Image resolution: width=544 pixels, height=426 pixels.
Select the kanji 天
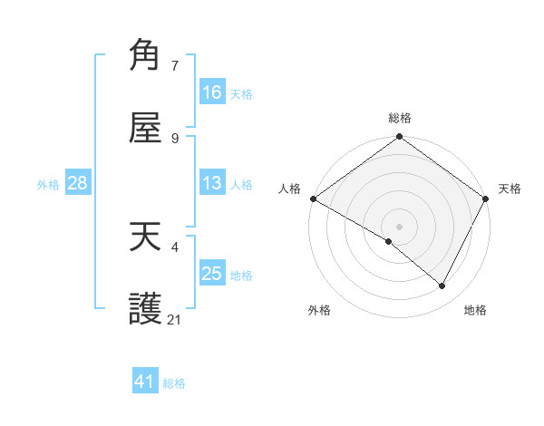click(x=146, y=237)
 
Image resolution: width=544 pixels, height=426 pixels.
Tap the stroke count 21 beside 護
click(x=175, y=320)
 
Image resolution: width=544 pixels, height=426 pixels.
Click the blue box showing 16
click(x=212, y=92)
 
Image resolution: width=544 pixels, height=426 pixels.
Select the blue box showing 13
click(x=212, y=183)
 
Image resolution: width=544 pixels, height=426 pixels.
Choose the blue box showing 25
click(x=212, y=274)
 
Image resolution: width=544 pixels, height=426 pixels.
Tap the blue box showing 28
click(x=78, y=183)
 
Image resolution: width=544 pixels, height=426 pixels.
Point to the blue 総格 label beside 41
click(x=174, y=383)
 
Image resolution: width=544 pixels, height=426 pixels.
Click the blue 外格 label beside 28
click(x=48, y=185)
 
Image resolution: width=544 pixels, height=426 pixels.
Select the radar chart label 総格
click(x=400, y=118)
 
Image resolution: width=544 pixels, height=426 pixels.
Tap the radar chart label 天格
click(x=510, y=189)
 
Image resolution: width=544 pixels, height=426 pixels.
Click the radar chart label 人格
click(x=289, y=189)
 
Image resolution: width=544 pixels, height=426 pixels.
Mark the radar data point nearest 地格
click(x=442, y=286)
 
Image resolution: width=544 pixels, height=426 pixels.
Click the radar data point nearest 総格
click(x=400, y=138)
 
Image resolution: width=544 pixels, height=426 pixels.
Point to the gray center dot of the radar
click(x=400, y=226)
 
